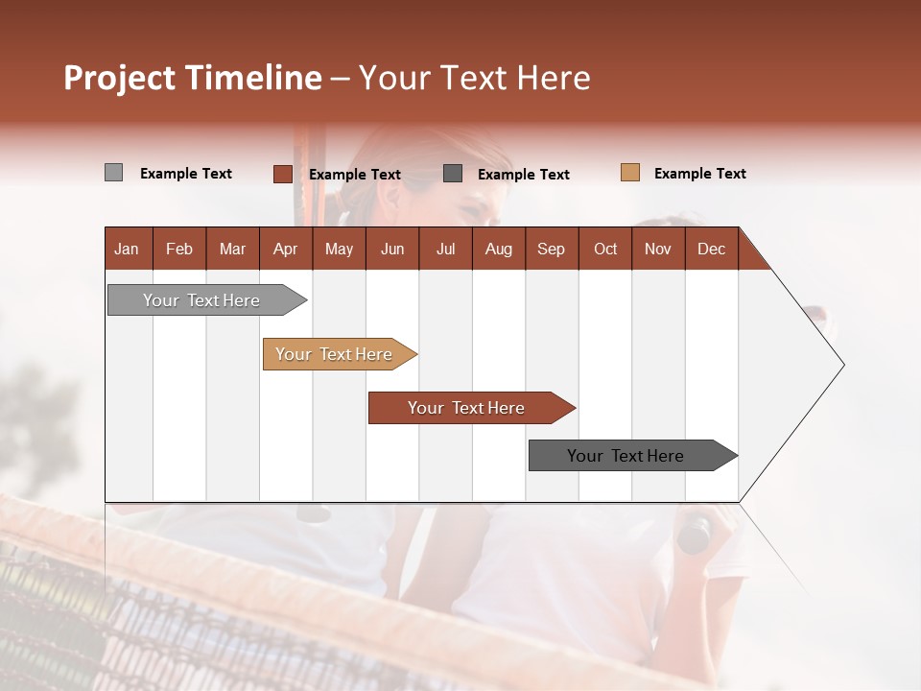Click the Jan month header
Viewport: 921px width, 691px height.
128,249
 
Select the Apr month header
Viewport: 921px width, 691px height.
286,249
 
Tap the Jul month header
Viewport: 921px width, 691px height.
445,249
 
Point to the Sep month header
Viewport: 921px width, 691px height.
552,249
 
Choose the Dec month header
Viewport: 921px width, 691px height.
711,249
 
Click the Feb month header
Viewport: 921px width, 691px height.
179,249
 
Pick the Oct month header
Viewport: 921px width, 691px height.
605,249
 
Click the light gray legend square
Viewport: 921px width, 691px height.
114,173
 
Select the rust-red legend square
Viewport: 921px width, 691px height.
283,174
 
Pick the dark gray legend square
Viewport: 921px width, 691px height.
453,174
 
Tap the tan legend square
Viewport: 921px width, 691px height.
630,173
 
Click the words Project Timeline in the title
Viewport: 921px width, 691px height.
193,78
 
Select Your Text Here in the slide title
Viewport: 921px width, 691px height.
474,78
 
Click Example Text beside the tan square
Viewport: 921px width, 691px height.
699,174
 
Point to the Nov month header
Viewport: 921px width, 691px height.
658,249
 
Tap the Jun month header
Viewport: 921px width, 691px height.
392,249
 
